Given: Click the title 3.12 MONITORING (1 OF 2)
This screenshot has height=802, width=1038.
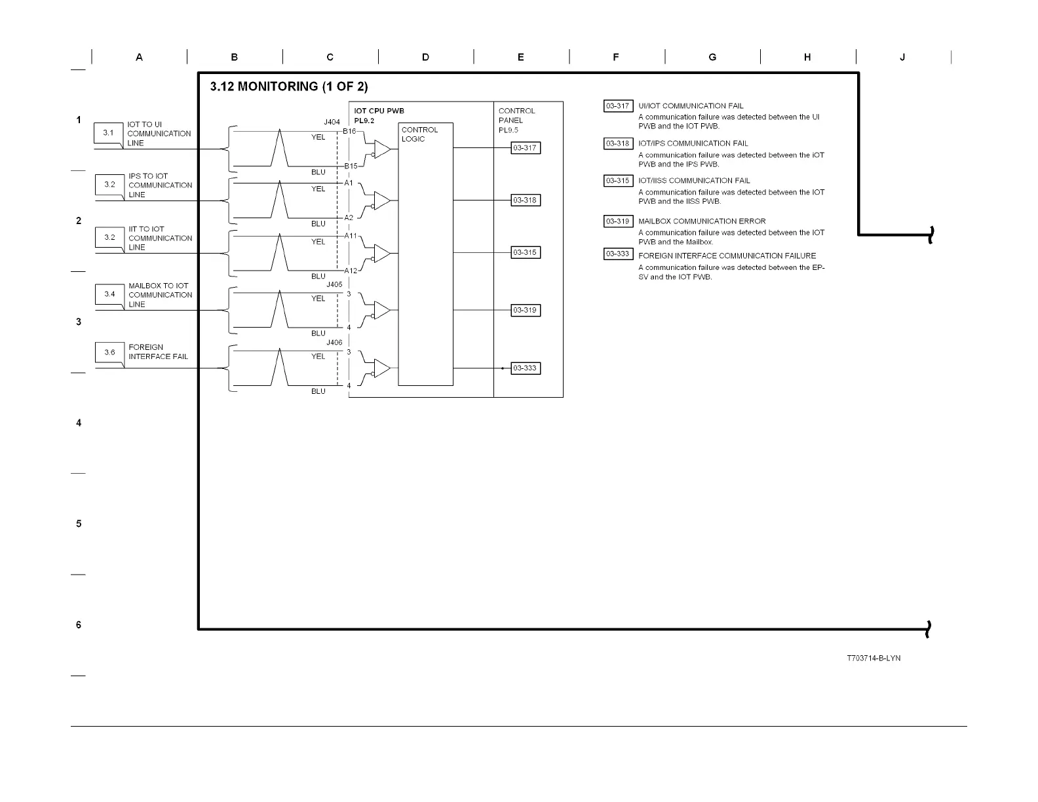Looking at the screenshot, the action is tap(288, 86).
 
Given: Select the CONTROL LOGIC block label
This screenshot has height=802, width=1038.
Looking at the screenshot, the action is tap(419, 134).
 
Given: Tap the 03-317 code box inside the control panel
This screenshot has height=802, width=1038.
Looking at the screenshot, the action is tap(526, 148).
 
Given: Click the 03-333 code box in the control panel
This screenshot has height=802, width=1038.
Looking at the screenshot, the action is tap(526, 368).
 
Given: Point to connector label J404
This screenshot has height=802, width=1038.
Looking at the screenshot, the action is tap(332, 122).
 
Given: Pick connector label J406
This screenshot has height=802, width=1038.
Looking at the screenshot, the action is tap(334, 342).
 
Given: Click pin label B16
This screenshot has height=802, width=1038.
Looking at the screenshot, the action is tap(349, 131).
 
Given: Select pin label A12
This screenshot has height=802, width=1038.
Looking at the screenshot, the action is tap(351, 271).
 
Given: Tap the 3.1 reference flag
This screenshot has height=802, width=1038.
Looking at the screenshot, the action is tap(108, 133).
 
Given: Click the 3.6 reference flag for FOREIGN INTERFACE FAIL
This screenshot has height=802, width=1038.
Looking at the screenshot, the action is tap(109, 353).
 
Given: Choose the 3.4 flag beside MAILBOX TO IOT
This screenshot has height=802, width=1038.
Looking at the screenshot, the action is tap(109, 294).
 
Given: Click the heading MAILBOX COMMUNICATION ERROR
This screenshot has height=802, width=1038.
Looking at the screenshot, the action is tap(702, 221).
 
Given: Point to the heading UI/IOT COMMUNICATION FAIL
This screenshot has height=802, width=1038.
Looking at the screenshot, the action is tap(691, 105).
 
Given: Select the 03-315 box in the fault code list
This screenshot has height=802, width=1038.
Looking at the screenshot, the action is tap(618, 181).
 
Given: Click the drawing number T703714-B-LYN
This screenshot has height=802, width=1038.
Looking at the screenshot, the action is tap(874, 658).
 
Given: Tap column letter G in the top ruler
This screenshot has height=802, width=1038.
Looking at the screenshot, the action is tap(712, 57).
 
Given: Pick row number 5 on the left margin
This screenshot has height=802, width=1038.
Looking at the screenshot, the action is tap(79, 524).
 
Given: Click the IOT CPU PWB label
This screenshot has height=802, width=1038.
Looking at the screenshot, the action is tap(379, 111).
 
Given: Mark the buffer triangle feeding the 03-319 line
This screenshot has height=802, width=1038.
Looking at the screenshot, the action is tap(381, 310).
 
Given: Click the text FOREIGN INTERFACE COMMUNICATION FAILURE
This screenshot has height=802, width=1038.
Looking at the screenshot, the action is tap(727, 256).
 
